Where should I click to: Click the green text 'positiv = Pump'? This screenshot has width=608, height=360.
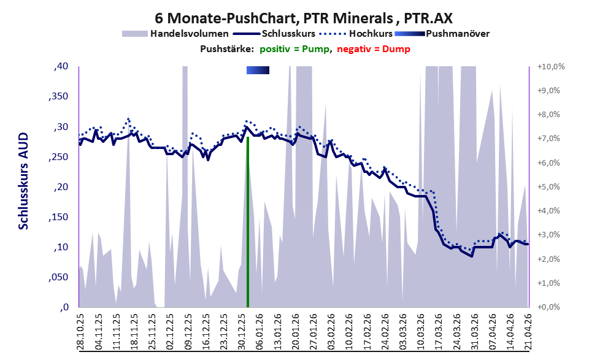[294, 49]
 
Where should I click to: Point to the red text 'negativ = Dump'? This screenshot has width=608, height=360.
[374, 49]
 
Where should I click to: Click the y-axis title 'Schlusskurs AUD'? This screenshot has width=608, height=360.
[24, 181]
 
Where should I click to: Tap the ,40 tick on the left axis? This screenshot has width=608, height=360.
[61, 66]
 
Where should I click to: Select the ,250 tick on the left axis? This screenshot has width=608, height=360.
[58, 157]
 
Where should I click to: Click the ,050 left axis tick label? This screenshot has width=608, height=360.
[58, 277]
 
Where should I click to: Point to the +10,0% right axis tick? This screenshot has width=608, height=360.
[550, 67]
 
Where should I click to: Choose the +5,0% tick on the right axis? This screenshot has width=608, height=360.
[548, 187]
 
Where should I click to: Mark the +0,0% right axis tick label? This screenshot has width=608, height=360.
[548, 307]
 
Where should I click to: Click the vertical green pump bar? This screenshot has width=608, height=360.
[247, 221]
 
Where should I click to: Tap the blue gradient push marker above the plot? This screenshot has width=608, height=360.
[258, 70]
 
